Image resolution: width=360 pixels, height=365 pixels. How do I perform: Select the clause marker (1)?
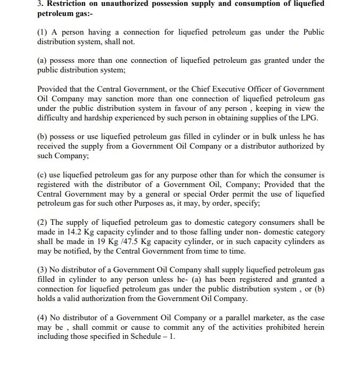coord(43,33)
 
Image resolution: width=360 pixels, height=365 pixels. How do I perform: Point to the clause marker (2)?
coord(43,222)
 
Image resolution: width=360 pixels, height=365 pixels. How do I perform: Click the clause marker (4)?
coord(43,318)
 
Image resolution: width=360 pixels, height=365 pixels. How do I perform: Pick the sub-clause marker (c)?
coord(43,175)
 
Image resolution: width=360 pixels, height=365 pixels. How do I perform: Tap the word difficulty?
coord(56,118)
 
